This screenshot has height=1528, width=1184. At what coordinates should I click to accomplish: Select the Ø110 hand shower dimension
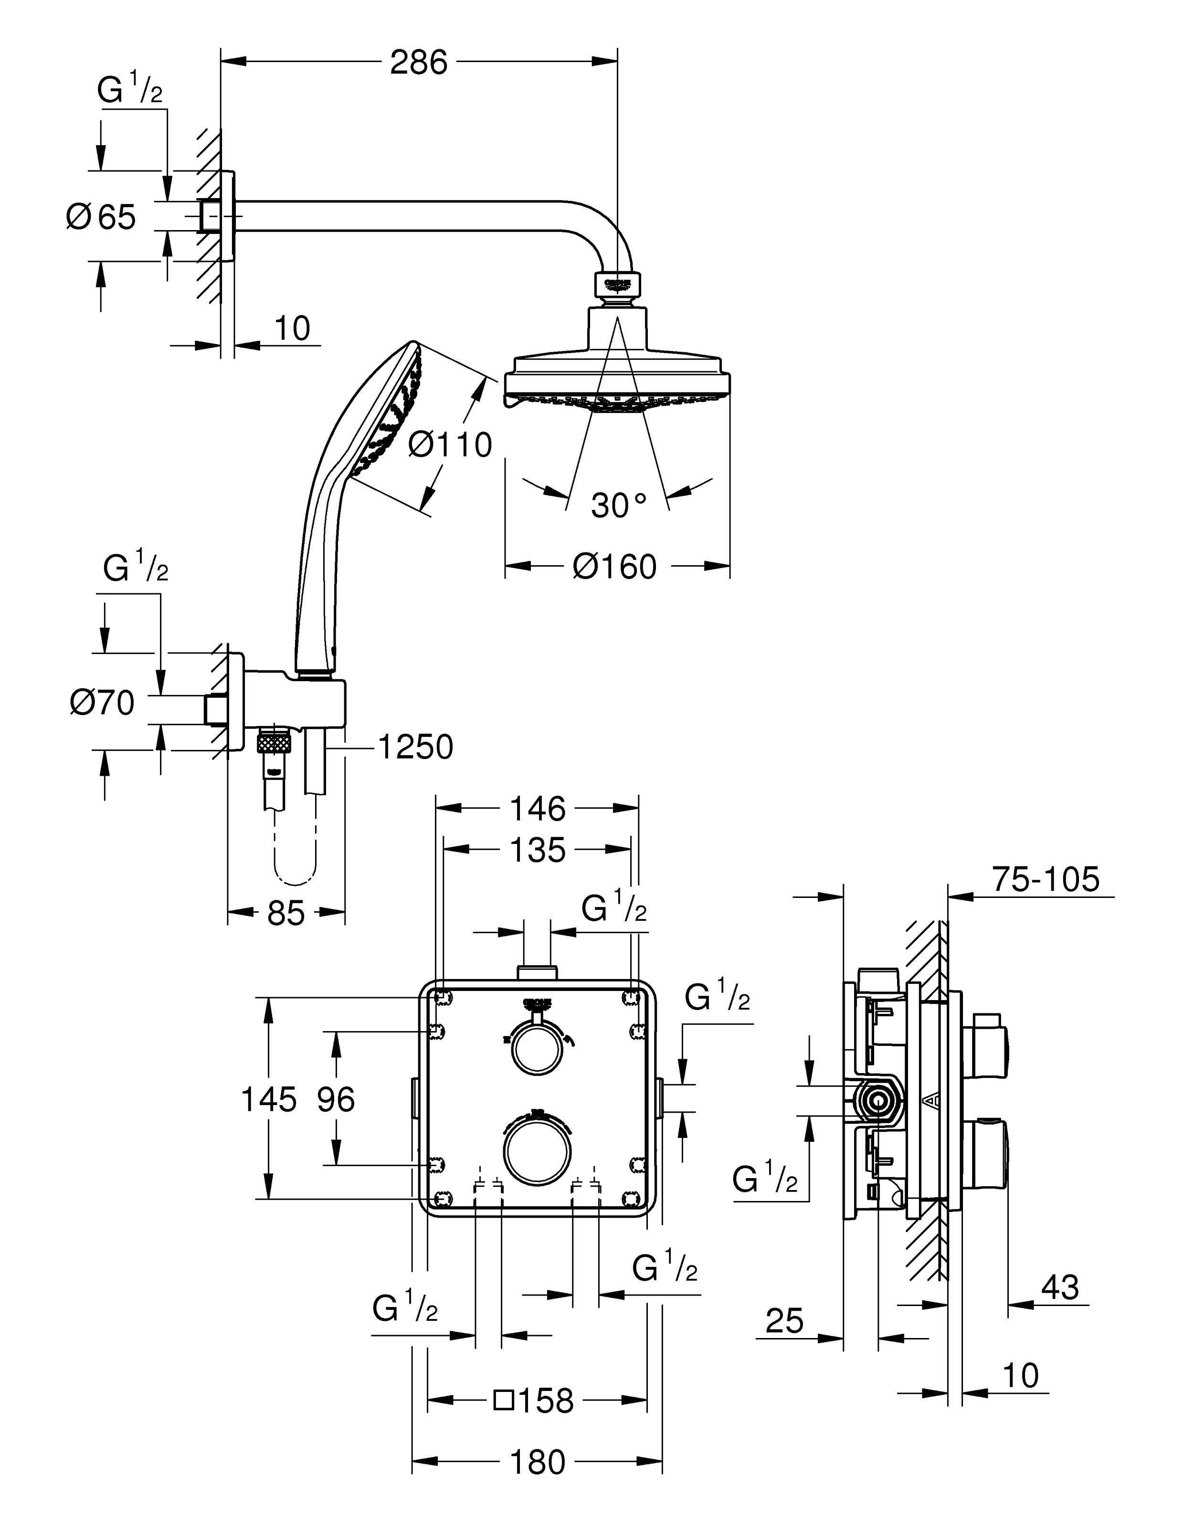click(450, 444)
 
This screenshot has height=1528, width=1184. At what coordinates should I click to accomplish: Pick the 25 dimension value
click(784, 1321)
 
